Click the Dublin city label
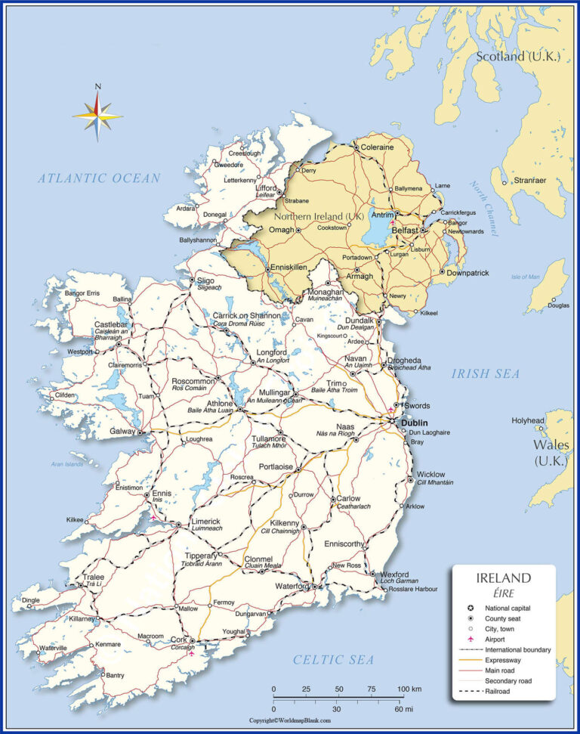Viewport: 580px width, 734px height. [415, 423]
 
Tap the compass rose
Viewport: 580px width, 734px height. [97, 114]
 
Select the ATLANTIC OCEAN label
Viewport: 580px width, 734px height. [100, 178]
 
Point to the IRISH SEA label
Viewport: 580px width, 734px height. [486, 373]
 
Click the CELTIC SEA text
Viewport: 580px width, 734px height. [333, 660]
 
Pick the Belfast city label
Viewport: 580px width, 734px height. [405, 229]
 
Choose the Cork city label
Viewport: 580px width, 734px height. [178, 639]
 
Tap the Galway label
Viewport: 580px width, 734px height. [122, 432]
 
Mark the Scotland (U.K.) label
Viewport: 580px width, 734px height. [517, 56]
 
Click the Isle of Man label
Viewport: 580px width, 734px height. [526, 277]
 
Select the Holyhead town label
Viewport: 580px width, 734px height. [528, 420]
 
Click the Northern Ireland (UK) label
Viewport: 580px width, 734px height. [324, 216]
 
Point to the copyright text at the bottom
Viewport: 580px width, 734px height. [290, 720]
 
